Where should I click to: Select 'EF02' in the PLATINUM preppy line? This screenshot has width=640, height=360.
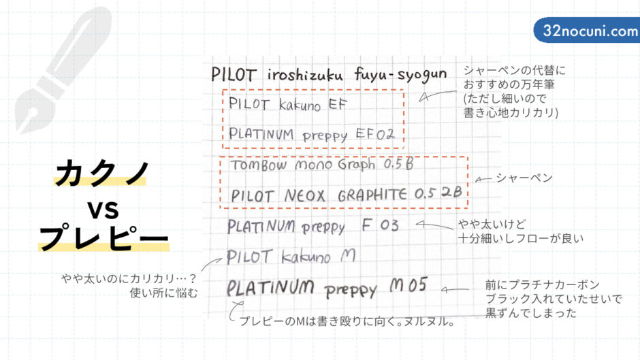point(375,134)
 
